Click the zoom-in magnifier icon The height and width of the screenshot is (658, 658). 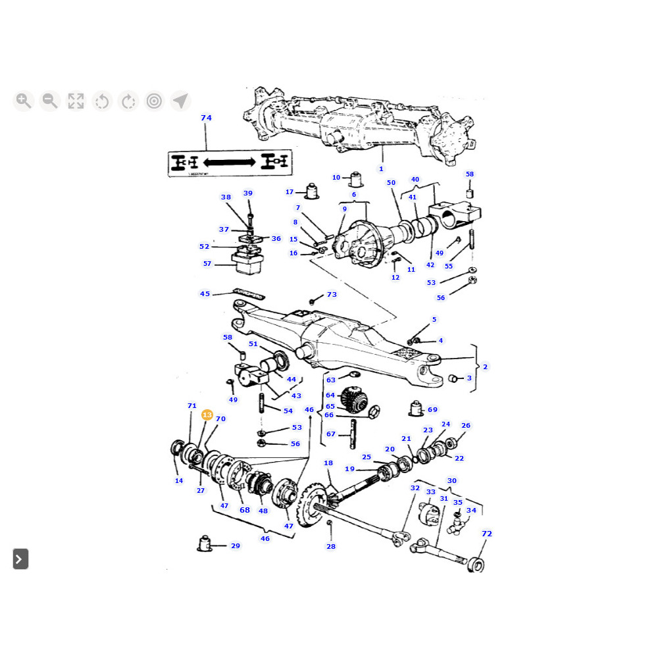(24, 101)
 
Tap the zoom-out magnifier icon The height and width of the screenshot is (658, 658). (49, 101)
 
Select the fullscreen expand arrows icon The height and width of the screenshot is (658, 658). (76, 101)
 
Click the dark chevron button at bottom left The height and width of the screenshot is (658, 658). (20, 559)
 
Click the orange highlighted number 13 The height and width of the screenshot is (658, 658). (207, 415)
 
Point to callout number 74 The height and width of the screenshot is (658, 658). (206, 118)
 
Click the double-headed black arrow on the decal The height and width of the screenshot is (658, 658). (230, 161)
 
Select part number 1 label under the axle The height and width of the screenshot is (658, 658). (381, 169)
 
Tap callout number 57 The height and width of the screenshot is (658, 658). (207, 264)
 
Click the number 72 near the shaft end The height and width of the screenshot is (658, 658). (487, 534)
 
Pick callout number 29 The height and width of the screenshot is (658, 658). (235, 545)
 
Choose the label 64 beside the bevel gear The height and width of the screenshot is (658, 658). (330, 395)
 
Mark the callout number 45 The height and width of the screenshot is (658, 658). (205, 293)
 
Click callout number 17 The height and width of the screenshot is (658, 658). (290, 192)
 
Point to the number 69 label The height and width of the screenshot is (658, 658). (432, 409)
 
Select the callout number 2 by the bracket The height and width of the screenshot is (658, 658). (485, 367)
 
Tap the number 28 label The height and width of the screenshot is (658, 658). (331, 546)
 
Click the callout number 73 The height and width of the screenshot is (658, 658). (332, 294)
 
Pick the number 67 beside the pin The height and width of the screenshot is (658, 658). (331, 434)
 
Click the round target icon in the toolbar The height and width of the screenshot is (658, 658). (155, 101)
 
